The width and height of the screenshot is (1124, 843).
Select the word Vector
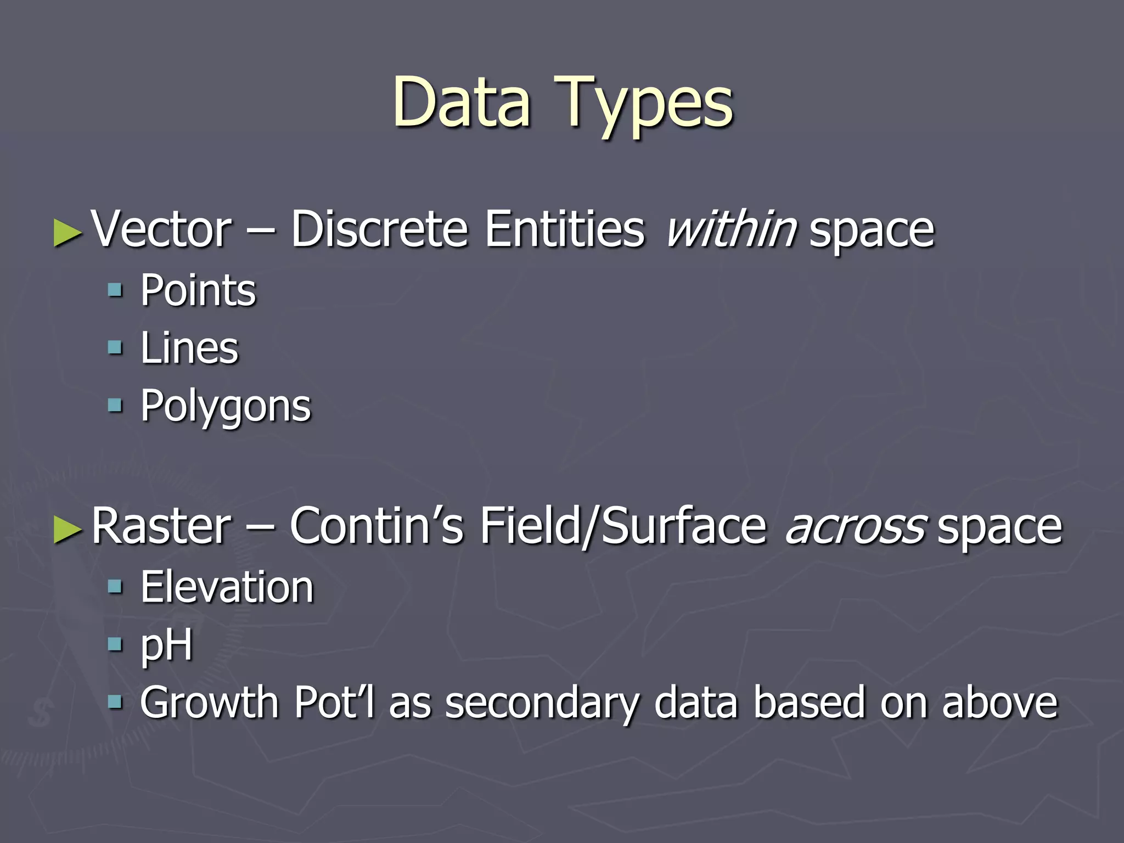[x=161, y=229]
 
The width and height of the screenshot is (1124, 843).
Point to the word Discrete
[x=379, y=229]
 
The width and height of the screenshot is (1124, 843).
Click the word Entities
[x=565, y=229]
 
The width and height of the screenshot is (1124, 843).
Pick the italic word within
[x=731, y=229]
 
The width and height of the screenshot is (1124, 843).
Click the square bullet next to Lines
[x=115, y=348]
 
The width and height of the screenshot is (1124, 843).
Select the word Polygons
[x=226, y=406]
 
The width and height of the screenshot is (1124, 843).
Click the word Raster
[x=161, y=526]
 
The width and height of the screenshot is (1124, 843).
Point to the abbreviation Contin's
[x=376, y=526]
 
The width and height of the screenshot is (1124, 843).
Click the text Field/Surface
[x=623, y=526]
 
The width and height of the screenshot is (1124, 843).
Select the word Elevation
[x=227, y=587]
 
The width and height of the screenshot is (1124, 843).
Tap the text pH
[x=166, y=645]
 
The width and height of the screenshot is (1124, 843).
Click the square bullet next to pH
[x=115, y=644]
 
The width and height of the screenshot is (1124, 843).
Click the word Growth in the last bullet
[x=209, y=702]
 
